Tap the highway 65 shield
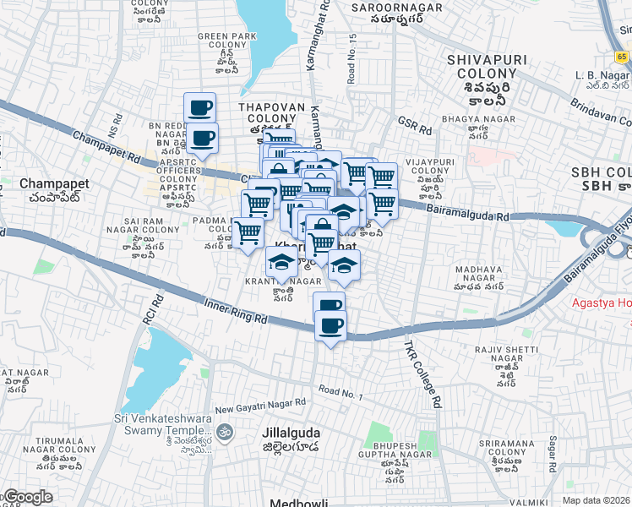coord(622,57)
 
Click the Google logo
coord(27,497)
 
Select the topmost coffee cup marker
coord(200,108)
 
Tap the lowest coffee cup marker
coord(330,325)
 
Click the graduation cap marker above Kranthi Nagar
coord(281,263)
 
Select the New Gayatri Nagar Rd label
coord(260,406)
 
